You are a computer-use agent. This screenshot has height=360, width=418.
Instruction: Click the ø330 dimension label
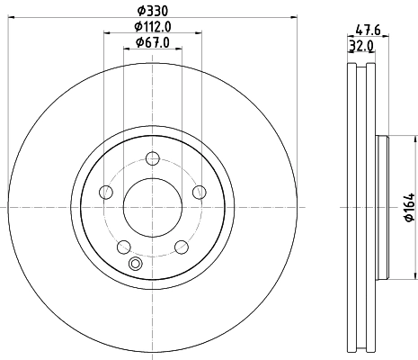point(152,10)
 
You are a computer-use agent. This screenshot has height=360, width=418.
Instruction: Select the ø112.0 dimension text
point(152,26)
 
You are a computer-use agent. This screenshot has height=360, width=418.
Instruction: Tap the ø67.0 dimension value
point(152,42)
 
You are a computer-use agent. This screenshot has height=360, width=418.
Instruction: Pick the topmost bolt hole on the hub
point(152,157)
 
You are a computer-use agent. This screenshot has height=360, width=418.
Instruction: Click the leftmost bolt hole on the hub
point(106,191)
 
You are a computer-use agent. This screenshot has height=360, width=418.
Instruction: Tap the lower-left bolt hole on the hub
point(124,246)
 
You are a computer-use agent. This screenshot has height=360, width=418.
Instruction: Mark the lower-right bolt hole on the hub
point(181,246)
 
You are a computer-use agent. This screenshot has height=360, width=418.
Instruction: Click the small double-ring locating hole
point(136,264)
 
